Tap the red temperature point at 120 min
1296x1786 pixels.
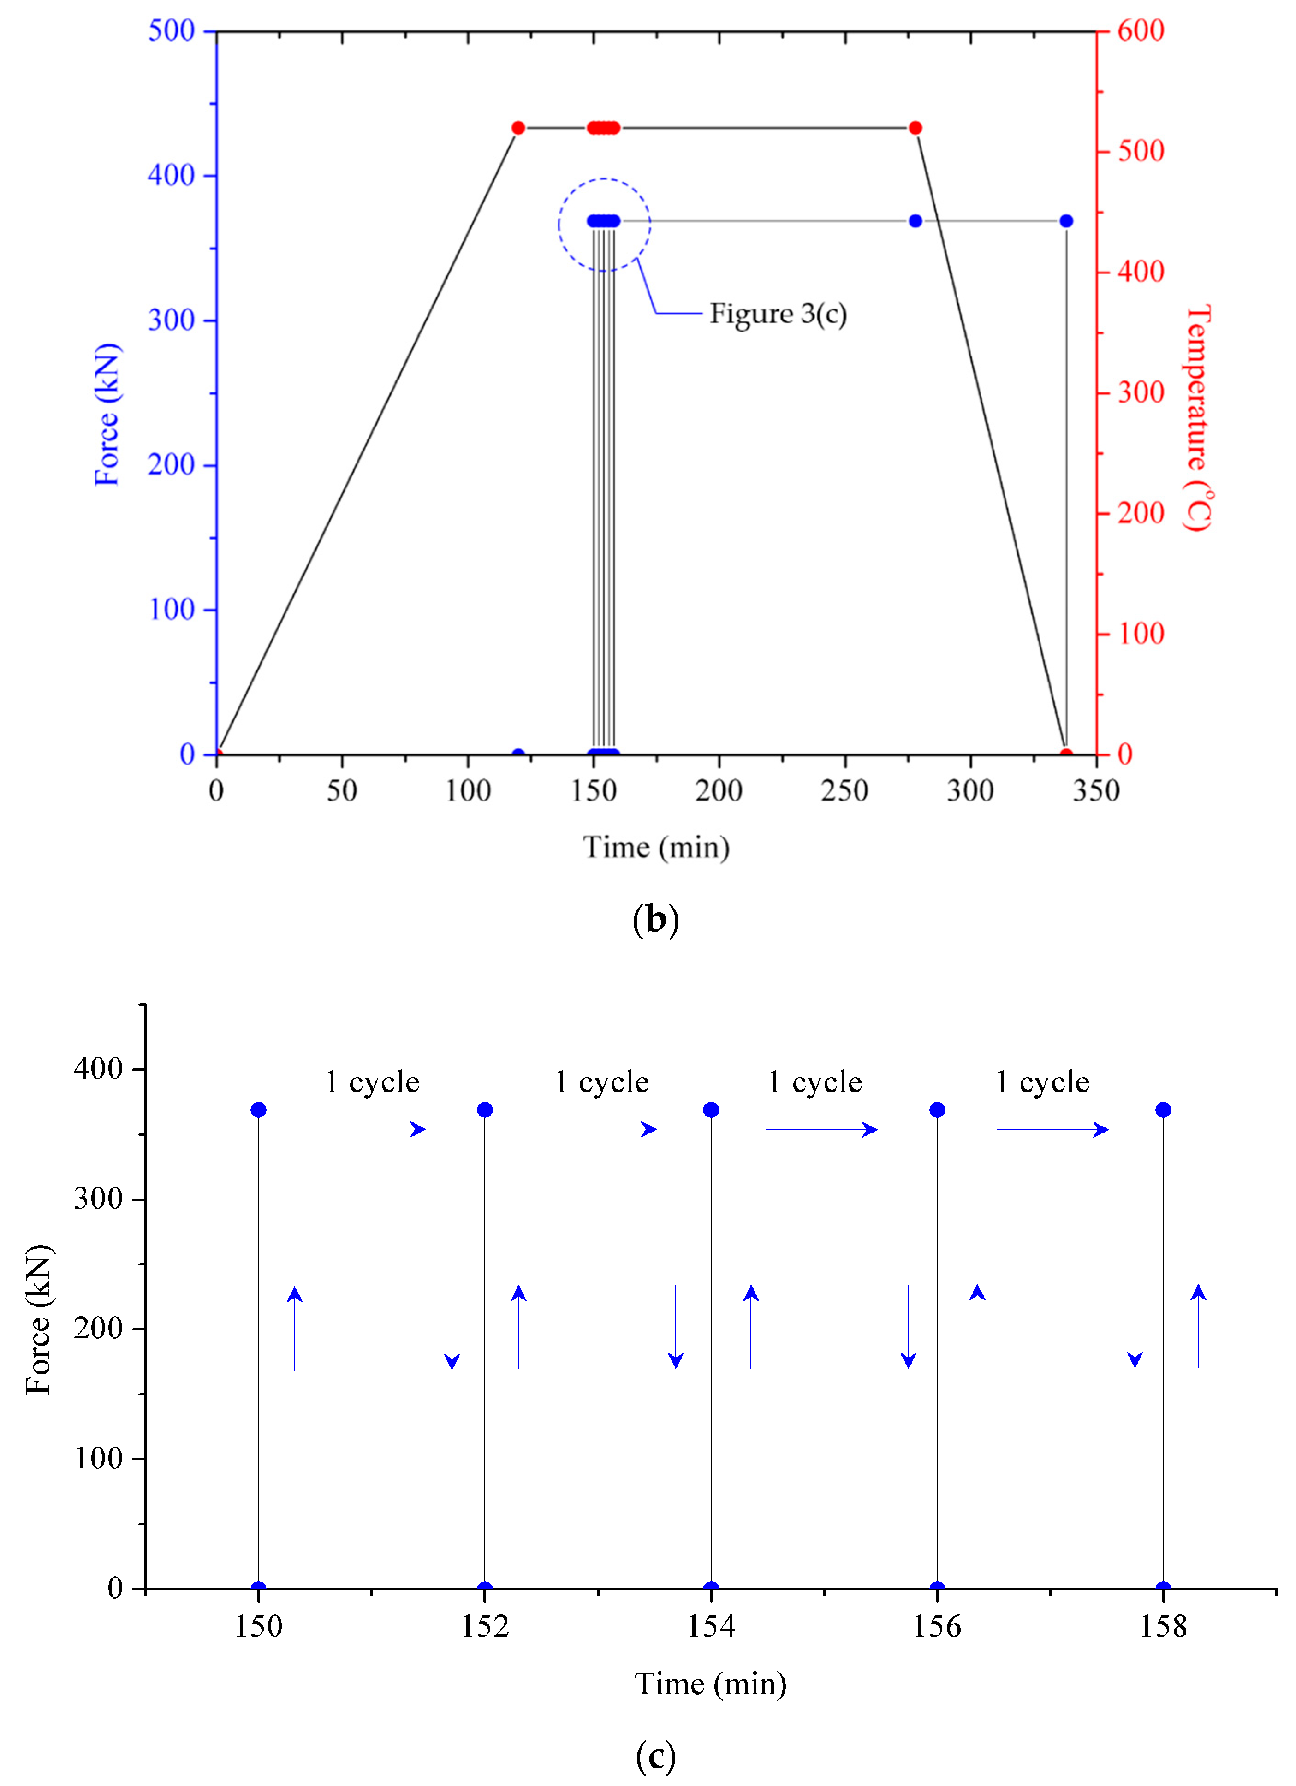click(518, 128)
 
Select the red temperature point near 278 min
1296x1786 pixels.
click(915, 128)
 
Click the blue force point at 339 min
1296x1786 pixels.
click(1066, 221)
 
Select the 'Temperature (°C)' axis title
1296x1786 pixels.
click(1198, 417)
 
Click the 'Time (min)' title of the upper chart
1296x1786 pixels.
click(656, 847)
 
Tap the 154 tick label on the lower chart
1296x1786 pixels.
click(711, 1626)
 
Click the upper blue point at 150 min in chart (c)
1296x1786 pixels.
click(258, 1110)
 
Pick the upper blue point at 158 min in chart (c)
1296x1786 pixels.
click(1163, 1110)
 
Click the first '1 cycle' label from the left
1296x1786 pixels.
click(372, 1082)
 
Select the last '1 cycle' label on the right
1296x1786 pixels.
click(1042, 1082)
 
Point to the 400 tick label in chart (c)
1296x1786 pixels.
click(98, 1068)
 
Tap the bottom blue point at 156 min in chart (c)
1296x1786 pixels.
click(937, 1588)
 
